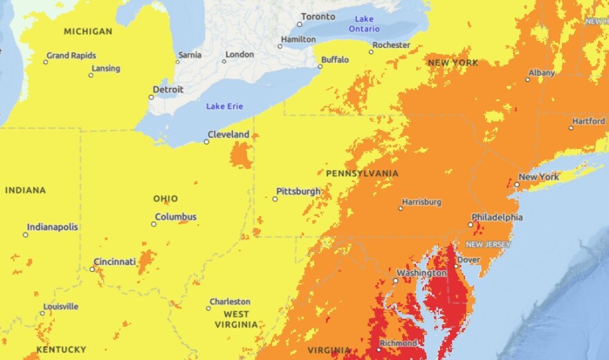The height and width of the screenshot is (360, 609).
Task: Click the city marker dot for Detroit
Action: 152,97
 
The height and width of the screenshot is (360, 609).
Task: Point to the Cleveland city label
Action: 228,134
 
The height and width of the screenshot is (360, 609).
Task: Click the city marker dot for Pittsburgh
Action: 275,199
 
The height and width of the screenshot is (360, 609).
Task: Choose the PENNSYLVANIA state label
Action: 361,173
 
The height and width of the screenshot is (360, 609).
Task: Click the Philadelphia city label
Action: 497,217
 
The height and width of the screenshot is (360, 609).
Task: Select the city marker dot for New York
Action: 516,184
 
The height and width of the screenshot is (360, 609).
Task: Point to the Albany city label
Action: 541,73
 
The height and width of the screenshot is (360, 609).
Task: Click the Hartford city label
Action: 588,121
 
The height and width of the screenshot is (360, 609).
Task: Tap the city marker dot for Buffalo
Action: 320,66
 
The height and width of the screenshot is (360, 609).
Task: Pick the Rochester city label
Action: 391,45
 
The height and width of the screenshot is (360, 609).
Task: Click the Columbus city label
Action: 175,217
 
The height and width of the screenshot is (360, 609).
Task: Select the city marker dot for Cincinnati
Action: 92,269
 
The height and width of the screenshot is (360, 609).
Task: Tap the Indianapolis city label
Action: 53,227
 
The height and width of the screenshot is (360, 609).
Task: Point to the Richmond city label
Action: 398,344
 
